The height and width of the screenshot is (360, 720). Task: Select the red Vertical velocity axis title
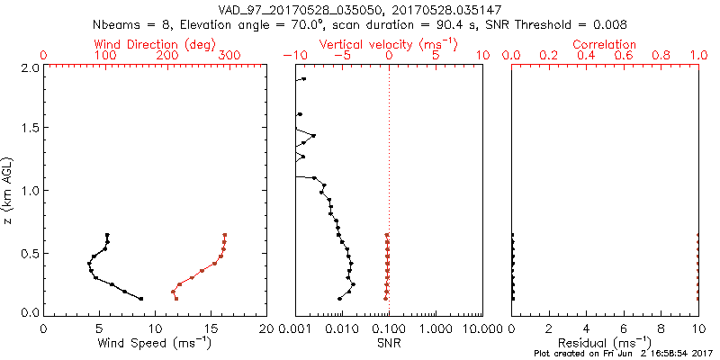coord(389,44)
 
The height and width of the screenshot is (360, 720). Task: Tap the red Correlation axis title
coord(605,44)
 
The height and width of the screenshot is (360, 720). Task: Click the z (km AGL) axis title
coord(8,190)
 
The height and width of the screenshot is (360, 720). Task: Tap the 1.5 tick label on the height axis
coord(29,129)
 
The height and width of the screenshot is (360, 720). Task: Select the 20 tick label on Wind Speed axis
coord(266,328)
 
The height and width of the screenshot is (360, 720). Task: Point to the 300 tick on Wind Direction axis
coord(230,56)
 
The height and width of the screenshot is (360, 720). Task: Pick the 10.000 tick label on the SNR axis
coord(477,328)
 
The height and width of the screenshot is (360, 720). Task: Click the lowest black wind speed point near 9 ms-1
coord(141,298)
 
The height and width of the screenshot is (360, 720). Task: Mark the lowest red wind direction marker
coord(176,298)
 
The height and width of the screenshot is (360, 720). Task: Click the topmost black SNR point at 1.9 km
coord(303,79)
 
